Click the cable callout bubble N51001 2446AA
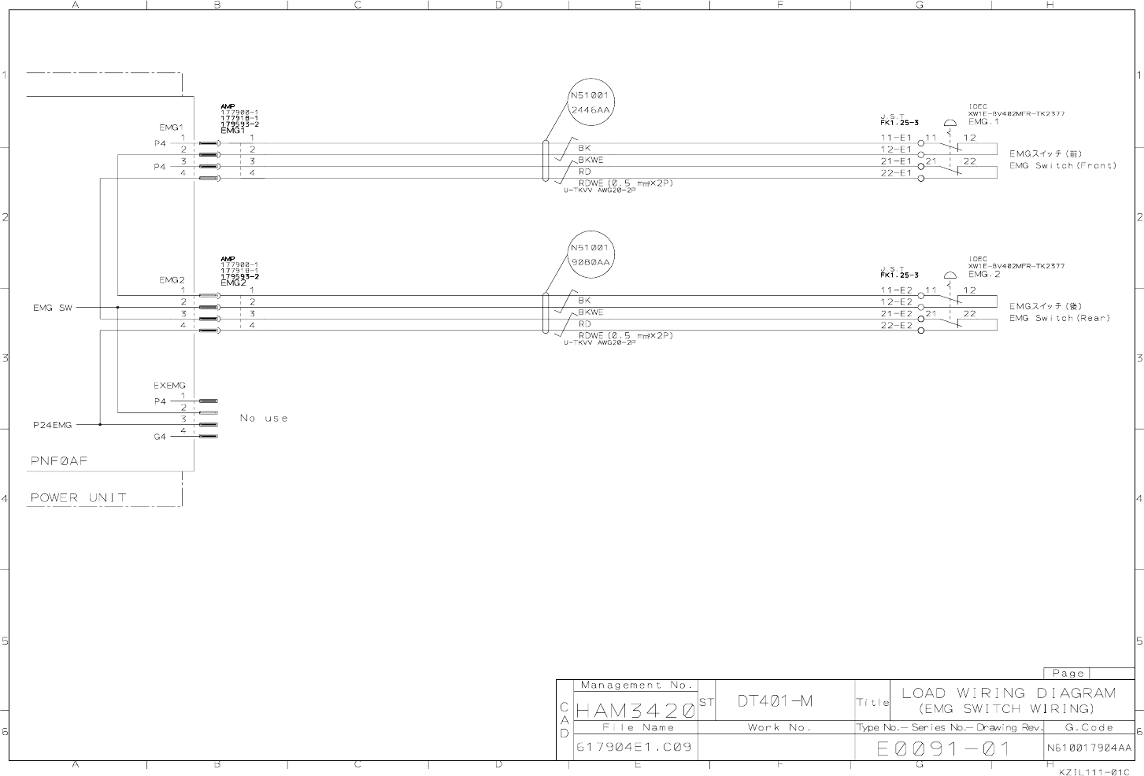pos(590,103)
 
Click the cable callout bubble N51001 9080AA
pos(590,255)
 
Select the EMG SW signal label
pos(52,308)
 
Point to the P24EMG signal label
pos(52,425)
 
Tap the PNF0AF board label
pos(59,461)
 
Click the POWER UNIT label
pos(78,497)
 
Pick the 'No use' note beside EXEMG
pos(264,418)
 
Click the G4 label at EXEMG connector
pos(160,437)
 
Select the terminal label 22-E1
pos(895,173)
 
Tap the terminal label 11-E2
pos(896,290)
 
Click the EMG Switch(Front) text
pos(1063,166)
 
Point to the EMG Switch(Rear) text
pos(1060,319)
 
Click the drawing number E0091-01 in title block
pos(943,748)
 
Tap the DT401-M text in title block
pos(776,700)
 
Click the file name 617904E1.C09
pos(635,747)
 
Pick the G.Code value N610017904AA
pos(1089,748)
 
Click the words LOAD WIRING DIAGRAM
pos(1009,693)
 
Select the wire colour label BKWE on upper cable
pos(591,160)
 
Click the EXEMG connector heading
pos(170,386)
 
